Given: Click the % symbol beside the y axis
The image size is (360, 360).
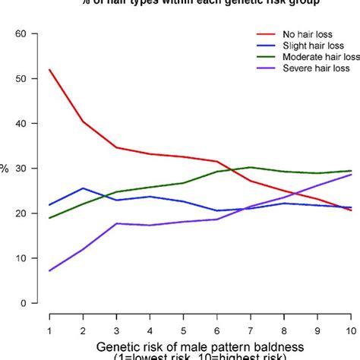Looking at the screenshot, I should (5, 169).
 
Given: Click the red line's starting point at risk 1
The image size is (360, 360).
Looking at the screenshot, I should (49, 70).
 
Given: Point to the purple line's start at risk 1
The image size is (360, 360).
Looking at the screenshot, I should (49, 270).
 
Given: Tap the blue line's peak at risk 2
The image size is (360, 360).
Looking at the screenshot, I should (83, 188).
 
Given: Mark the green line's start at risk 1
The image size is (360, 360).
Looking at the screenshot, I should (49, 218).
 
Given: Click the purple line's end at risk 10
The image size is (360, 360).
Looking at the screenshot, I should (350, 175).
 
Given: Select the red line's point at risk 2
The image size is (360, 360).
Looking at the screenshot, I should (83, 122).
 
